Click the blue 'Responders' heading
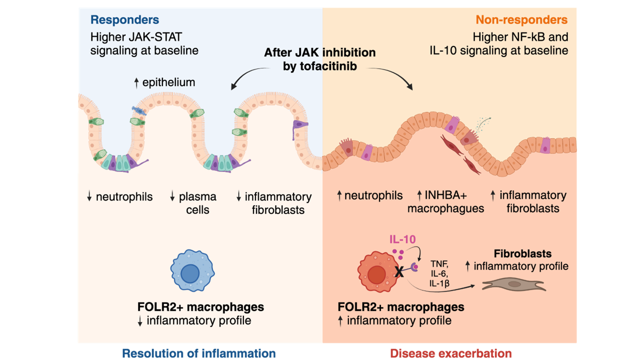click(124, 19)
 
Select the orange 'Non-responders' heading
click(521, 19)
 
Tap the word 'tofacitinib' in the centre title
click(319, 66)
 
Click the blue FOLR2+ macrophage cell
click(192, 270)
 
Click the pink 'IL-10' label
click(402, 239)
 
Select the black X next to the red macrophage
click(399, 271)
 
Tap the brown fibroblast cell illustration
click(513, 284)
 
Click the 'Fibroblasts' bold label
click(522, 253)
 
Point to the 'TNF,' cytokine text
click(439, 263)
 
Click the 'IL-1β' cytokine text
click(439, 283)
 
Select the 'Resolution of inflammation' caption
click(199, 353)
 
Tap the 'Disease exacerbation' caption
click(451, 353)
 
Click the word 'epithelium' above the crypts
click(168, 82)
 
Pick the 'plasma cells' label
click(197, 203)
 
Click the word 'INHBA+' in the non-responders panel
click(445, 195)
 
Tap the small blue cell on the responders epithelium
click(139, 110)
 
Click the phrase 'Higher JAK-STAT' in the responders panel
click(136, 37)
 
